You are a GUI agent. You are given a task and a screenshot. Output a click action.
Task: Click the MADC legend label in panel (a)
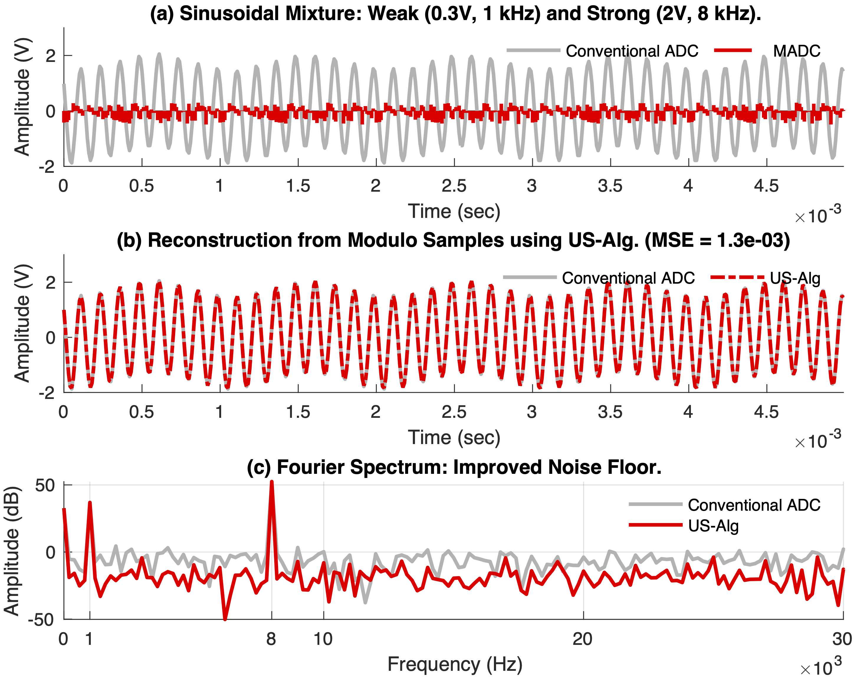pyautogui.click(x=796, y=51)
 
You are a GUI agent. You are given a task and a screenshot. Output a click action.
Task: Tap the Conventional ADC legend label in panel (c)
pyautogui.click(x=754, y=505)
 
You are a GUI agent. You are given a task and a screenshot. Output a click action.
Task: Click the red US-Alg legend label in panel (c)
pyautogui.click(x=713, y=525)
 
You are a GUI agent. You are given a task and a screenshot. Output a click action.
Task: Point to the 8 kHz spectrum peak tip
pyautogui.click(x=272, y=482)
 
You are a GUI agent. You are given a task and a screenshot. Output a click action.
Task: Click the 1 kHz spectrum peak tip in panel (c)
pyautogui.click(x=90, y=503)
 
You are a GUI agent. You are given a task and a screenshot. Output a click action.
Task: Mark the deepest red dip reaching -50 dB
pyautogui.click(x=225, y=619)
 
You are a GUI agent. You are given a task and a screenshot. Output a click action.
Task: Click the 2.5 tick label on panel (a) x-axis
pyautogui.click(x=454, y=186)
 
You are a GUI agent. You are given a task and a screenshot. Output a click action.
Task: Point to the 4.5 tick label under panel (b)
pyautogui.click(x=766, y=412)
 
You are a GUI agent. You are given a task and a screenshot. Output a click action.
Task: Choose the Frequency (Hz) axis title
pyautogui.click(x=455, y=664)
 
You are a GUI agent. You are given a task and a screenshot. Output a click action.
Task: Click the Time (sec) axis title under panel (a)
pyautogui.click(x=454, y=211)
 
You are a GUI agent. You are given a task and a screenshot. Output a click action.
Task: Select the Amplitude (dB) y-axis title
pyautogui.click(x=12, y=550)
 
